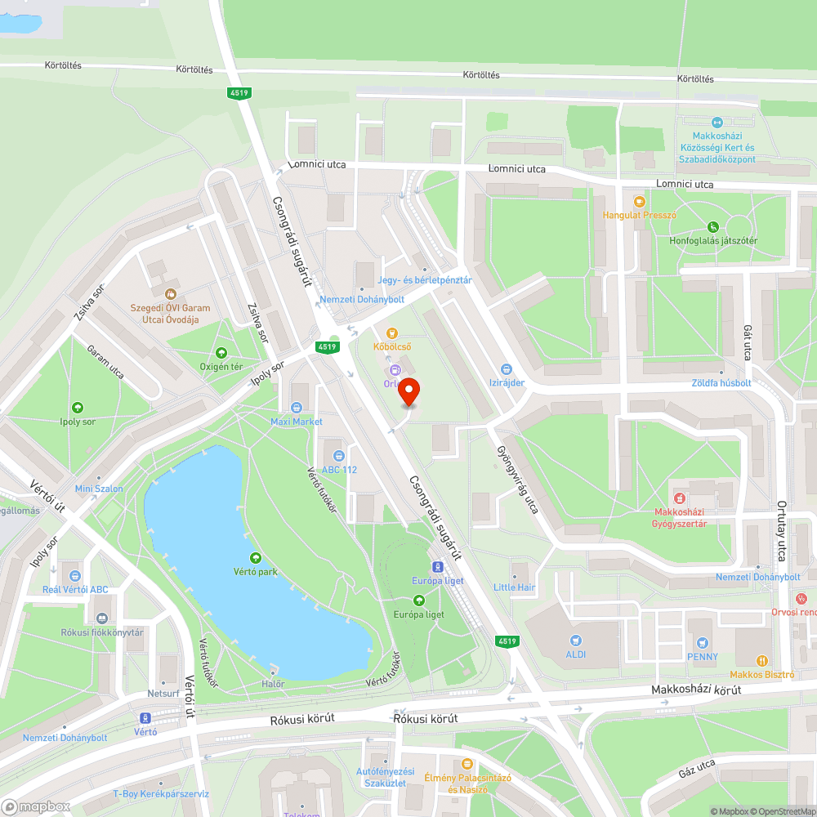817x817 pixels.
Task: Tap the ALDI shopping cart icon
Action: pyautogui.click(x=577, y=640)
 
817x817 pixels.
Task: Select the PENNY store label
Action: pyautogui.click(x=703, y=656)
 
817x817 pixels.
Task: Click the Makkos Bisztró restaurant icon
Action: pyautogui.click(x=761, y=660)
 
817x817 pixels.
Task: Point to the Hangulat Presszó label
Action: pyautogui.click(x=640, y=216)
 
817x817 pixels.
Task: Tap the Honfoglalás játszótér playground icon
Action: pyautogui.click(x=713, y=226)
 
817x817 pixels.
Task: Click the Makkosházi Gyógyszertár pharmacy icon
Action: pyautogui.click(x=678, y=498)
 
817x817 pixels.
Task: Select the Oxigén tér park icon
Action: pyautogui.click(x=221, y=353)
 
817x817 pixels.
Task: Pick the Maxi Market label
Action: pyautogui.click(x=297, y=422)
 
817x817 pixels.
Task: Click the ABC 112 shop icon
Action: pyautogui.click(x=338, y=455)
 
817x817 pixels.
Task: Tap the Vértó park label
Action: pyautogui.click(x=257, y=572)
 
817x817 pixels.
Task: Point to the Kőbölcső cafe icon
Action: pyautogui.click(x=392, y=333)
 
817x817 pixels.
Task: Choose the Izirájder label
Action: pyautogui.click(x=507, y=382)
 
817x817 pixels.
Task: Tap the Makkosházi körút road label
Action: pyautogui.click(x=696, y=690)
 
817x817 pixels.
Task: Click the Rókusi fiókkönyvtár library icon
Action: pyautogui.click(x=102, y=618)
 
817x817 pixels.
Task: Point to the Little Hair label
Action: pyautogui.click(x=515, y=587)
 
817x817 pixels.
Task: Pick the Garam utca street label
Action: pyautogui.click(x=105, y=362)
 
